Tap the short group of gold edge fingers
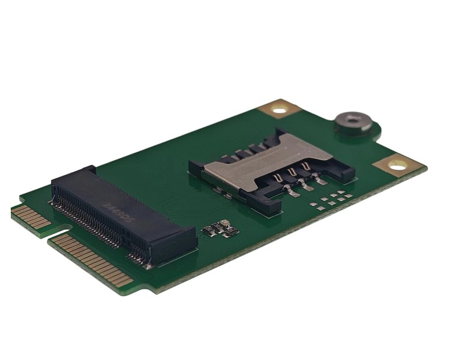click(30, 217)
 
